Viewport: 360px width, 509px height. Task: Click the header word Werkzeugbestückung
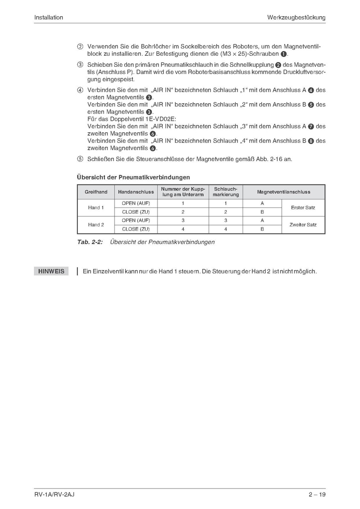pyautogui.click(x=296, y=17)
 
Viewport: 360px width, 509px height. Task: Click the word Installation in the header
pyautogui.click(x=49, y=17)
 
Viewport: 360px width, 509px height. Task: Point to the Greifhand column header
pyautogui.click(x=96, y=192)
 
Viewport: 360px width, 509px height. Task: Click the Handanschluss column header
pyautogui.click(x=136, y=192)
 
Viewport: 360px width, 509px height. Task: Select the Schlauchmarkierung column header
pyautogui.click(x=226, y=192)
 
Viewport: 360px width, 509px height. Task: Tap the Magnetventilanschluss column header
pyautogui.click(x=283, y=192)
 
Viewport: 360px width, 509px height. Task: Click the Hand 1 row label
pyautogui.click(x=96, y=208)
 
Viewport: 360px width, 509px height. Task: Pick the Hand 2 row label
pyautogui.click(x=96, y=225)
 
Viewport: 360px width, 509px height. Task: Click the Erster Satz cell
pyautogui.click(x=303, y=208)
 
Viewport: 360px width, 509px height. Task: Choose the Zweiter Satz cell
pyautogui.click(x=303, y=225)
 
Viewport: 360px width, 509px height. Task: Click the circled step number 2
pyautogui.click(x=80, y=46)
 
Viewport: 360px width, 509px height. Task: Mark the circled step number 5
pyautogui.click(x=80, y=159)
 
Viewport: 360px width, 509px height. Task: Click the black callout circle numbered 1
pyautogui.click(x=284, y=54)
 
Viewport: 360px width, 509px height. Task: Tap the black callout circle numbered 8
pyautogui.click(x=311, y=141)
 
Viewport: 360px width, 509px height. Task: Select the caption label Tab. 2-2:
pyautogui.click(x=89, y=242)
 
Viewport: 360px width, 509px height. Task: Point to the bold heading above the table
pyautogui.click(x=133, y=177)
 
